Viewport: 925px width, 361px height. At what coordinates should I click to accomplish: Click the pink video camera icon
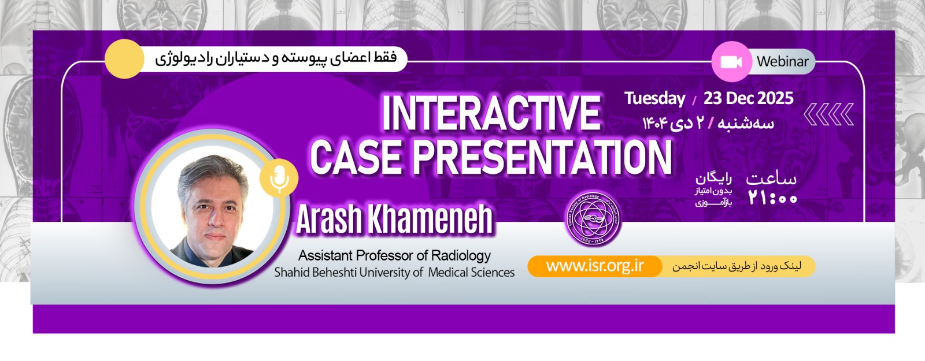tap(731, 62)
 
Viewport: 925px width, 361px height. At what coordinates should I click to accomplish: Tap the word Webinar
tap(782, 62)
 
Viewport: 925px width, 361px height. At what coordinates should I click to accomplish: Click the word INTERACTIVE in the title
tap(491, 113)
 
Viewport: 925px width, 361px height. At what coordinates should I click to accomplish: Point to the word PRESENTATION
tap(542, 157)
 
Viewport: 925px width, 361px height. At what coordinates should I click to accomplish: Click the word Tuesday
tap(654, 98)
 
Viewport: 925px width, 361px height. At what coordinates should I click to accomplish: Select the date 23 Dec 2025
tap(748, 98)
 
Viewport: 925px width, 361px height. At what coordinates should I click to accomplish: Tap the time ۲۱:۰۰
tap(772, 198)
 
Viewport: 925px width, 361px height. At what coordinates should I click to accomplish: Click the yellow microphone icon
tap(279, 177)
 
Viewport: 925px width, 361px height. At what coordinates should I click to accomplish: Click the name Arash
tap(329, 219)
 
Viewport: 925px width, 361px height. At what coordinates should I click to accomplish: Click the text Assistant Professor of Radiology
tap(394, 255)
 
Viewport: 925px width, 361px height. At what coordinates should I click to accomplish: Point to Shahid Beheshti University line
tap(394, 272)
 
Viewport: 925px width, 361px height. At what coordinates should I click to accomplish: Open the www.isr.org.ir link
tap(594, 266)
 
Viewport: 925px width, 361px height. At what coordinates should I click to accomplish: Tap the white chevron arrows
tap(828, 114)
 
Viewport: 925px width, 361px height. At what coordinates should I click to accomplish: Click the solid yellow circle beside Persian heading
tap(124, 59)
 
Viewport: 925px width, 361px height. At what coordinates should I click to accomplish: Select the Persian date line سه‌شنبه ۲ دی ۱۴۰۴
tap(708, 123)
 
